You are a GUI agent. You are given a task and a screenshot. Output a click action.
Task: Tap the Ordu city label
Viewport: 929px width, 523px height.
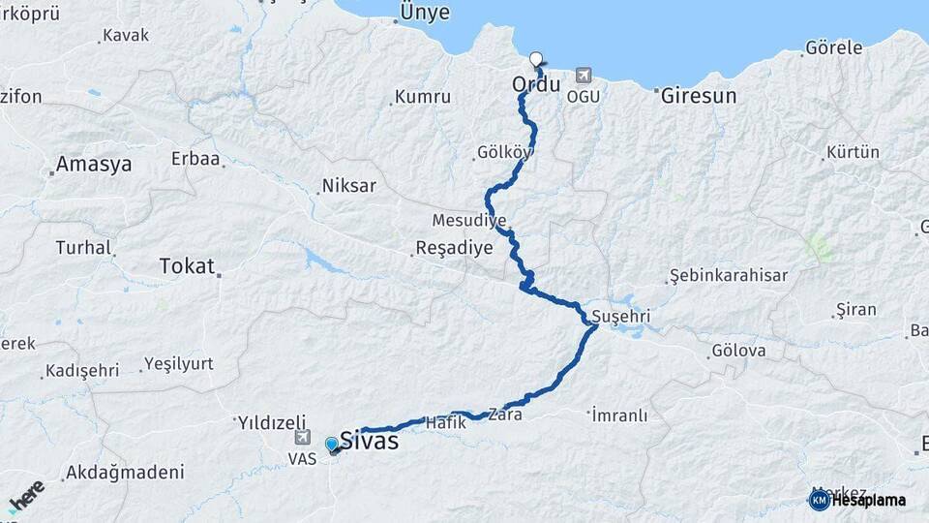pos(536,84)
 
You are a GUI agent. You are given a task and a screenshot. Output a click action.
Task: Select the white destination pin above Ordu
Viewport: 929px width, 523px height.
pos(536,59)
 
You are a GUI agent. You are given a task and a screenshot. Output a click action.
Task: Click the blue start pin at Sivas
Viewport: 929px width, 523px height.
pos(332,445)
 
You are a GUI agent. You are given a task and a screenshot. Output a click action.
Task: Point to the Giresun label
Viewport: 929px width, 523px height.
pos(699,96)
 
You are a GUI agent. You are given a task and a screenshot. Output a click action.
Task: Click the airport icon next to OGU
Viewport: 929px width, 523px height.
pos(583,75)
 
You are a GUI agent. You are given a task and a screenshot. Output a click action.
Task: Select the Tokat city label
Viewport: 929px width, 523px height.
pos(186,265)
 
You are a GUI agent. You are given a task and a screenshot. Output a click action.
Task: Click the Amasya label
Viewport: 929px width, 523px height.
pos(93,164)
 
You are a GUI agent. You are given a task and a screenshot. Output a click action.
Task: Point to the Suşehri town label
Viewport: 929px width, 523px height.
pos(620,317)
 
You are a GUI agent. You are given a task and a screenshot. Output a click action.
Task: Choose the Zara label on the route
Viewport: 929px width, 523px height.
pos(505,414)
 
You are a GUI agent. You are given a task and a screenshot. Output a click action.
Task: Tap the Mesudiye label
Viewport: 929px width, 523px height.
pos(463,219)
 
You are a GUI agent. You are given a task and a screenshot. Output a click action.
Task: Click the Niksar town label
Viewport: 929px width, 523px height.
pos(348,185)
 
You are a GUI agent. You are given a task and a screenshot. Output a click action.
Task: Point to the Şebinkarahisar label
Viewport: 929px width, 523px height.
pos(728,276)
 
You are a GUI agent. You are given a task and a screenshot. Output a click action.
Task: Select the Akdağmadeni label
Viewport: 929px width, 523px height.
pos(124,473)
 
